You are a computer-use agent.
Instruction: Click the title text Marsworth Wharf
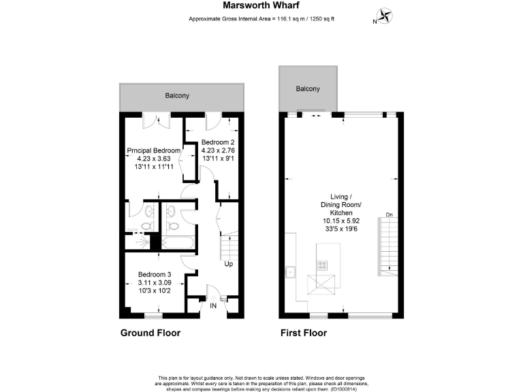pyautogui.click(x=261, y=6)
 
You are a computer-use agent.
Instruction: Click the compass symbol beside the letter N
pyautogui.click(x=386, y=15)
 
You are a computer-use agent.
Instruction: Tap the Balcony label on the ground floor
pyautogui.click(x=177, y=96)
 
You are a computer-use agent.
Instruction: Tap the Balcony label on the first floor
pyautogui.click(x=308, y=89)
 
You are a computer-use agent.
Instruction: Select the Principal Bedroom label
pyautogui.click(x=154, y=150)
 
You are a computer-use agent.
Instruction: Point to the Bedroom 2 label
pyautogui.click(x=218, y=142)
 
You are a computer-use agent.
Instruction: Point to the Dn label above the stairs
pyautogui.click(x=389, y=216)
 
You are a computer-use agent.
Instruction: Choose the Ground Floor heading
pyautogui.click(x=150, y=333)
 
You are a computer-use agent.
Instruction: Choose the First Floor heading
pyautogui.click(x=304, y=333)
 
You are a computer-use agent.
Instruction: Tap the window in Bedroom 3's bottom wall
pyautogui.click(x=153, y=316)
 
